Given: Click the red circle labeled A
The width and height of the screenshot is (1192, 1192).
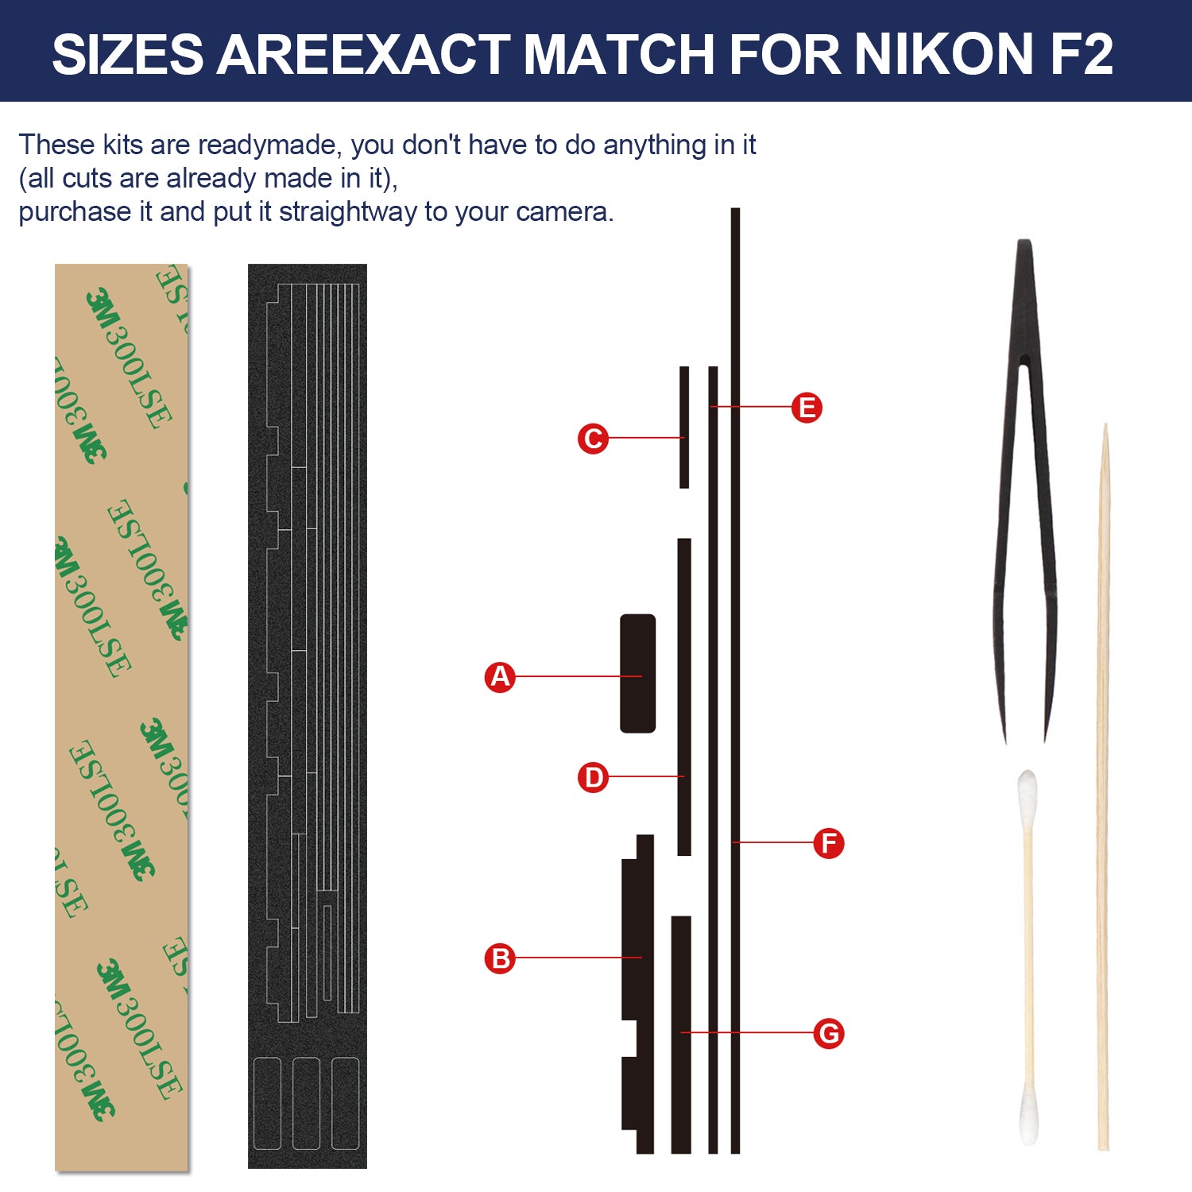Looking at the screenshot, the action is [x=500, y=677].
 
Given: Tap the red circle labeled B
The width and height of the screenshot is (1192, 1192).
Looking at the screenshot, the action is [x=500, y=958].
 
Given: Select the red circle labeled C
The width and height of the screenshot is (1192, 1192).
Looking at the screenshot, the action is [x=593, y=439].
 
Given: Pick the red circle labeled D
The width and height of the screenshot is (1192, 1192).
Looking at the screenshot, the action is [x=593, y=777].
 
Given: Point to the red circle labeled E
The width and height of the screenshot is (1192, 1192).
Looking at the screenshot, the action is [x=807, y=408].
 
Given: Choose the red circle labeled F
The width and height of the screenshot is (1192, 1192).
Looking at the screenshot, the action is [x=829, y=843].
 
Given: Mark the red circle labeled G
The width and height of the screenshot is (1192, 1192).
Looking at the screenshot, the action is [x=829, y=1033].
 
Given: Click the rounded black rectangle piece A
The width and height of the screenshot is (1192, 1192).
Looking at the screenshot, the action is [x=638, y=673].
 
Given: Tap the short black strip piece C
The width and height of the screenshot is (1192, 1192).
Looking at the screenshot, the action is [x=684, y=427].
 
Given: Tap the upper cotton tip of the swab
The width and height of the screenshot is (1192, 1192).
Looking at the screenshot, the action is [x=1028, y=791].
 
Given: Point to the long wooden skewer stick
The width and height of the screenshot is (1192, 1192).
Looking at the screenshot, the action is [x=1103, y=787].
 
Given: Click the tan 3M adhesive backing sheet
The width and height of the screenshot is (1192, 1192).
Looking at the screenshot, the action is [x=122, y=718].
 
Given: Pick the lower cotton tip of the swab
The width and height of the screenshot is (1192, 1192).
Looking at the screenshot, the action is [x=1029, y=1117].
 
